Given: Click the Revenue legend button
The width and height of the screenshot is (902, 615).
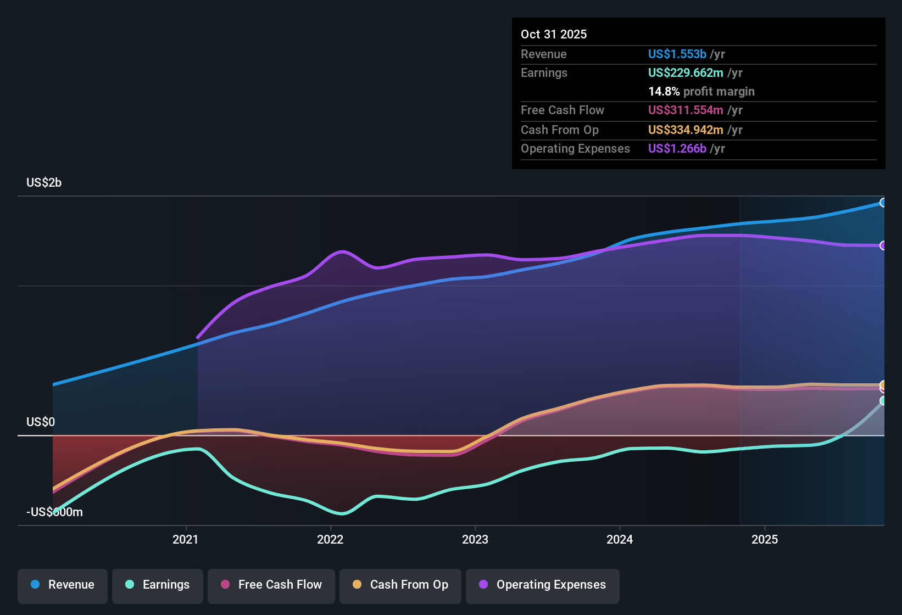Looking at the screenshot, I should (63, 585).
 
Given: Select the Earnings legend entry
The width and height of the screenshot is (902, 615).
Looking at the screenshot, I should (158, 585).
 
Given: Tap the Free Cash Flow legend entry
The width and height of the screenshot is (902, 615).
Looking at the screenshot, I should (271, 585).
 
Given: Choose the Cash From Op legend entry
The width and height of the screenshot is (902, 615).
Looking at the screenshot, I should (400, 585).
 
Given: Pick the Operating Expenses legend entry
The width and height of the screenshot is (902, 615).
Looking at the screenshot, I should (543, 585).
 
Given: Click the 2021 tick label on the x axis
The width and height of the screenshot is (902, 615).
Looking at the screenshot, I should (185, 540).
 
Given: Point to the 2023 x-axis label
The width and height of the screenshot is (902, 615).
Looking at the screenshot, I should (475, 540).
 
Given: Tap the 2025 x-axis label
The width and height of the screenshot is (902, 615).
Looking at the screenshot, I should (764, 540).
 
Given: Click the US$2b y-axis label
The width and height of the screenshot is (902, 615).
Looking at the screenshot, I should (44, 183).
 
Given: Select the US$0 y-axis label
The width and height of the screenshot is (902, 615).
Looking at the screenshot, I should (41, 422).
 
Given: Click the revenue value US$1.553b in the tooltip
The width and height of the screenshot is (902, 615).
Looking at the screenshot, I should (677, 54).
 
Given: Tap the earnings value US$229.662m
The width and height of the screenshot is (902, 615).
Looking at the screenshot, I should (685, 73).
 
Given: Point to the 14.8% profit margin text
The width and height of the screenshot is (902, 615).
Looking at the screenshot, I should (701, 92).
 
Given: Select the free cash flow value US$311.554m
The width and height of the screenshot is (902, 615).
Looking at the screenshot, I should (685, 110).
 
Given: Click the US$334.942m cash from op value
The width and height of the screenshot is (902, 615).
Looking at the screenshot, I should (685, 130).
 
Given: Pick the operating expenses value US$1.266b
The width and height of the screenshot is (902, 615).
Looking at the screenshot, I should (677, 149).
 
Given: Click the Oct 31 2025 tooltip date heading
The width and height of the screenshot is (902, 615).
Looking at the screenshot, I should (554, 35).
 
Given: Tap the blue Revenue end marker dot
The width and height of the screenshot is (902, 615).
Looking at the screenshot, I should (883, 203).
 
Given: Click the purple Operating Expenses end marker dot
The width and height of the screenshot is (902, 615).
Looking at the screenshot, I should (883, 245).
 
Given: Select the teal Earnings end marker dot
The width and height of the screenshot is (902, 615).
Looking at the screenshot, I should (883, 401).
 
